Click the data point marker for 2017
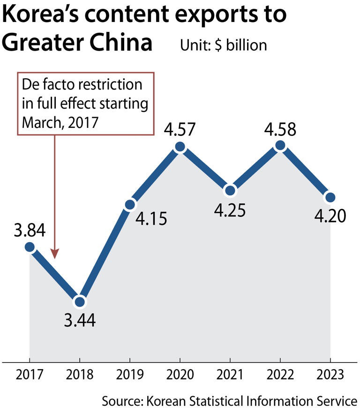tap(30, 247)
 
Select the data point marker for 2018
tap(81, 302)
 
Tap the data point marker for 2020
tap(180, 147)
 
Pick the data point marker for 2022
tap(280, 146)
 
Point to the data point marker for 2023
tap(330, 197)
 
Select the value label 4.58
tap(280, 128)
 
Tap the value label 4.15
tap(151, 219)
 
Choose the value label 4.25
tap(230, 210)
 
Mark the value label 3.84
tap(29, 230)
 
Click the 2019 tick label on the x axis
tap(129, 375)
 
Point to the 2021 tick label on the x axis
tap(230, 375)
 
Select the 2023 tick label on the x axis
tap(330, 375)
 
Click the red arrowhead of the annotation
tap(55, 255)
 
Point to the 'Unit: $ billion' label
tap(223, 45)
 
